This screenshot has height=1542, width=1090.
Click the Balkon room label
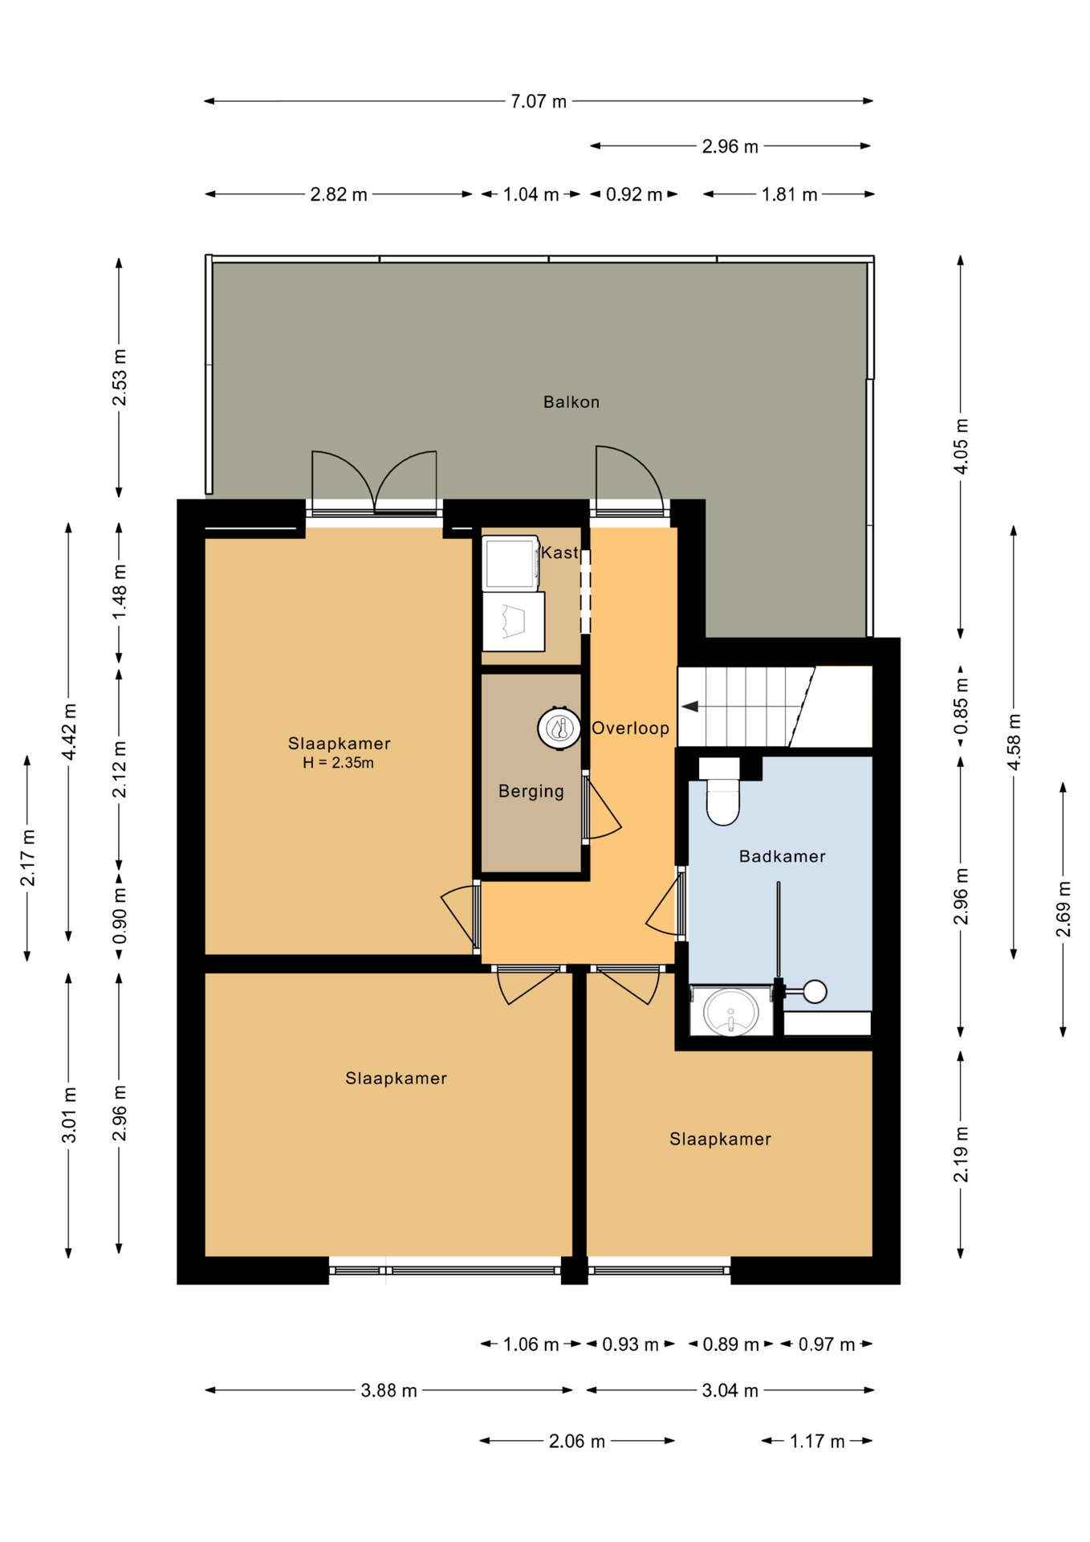571,402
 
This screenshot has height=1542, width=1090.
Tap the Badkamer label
782,856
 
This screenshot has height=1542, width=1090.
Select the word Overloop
630,728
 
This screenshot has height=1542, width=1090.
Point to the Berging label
531,791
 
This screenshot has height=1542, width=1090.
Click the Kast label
559,553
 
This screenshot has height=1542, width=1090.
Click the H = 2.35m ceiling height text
338,763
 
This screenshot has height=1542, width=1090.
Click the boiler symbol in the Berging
559,728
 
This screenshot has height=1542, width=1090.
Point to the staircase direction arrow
689,707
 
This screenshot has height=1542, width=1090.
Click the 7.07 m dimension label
539,101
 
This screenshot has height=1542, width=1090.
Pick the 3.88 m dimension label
388,1390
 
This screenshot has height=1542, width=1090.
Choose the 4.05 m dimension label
960,446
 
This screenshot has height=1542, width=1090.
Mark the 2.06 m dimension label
576,1441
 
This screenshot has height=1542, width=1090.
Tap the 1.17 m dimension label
817,1441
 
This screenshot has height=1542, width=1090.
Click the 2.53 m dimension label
119,377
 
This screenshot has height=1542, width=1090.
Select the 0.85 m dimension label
960,706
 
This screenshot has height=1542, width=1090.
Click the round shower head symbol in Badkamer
815,992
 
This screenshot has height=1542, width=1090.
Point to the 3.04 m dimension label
730,1390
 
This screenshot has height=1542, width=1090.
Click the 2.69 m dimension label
1063,908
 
